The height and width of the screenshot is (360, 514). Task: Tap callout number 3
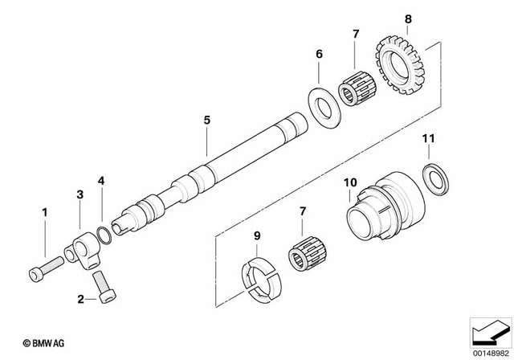(x=80, y=195)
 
